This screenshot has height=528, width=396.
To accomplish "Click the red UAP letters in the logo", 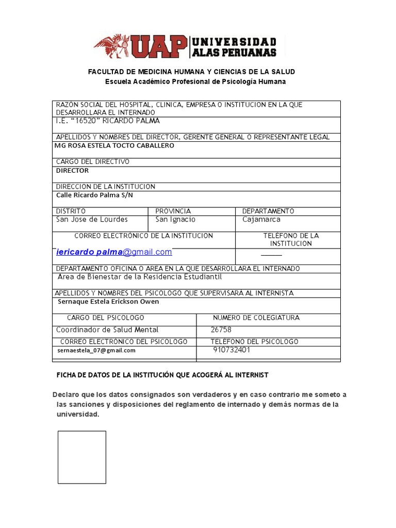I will point(159,46).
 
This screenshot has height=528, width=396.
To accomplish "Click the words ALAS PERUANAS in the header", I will point(234,52).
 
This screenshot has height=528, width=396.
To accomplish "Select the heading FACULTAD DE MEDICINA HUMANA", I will point(192,71).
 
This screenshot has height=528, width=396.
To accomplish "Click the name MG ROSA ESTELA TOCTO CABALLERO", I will point(114,145).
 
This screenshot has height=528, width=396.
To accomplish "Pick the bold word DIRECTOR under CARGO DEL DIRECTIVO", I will point(72,170).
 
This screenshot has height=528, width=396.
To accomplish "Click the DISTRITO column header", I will point(71,211).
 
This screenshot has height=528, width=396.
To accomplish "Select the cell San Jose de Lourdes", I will point(92,219).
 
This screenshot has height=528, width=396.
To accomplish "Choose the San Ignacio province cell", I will point(175,219).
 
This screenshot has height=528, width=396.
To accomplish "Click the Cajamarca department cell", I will point(261,219).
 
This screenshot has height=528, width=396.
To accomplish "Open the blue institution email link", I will point(114,252).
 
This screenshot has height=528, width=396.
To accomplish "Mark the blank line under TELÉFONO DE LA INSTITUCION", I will point(271,255).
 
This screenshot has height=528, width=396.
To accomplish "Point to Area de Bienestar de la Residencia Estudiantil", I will point(139,277).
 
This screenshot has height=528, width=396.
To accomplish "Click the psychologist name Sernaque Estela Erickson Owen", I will point(108,302).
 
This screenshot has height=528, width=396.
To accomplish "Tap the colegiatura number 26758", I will point(221,329).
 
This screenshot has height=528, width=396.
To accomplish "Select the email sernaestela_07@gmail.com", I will point(96,350).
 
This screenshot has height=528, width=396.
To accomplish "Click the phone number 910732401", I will point(232,350).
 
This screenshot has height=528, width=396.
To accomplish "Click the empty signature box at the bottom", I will point(81,457).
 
